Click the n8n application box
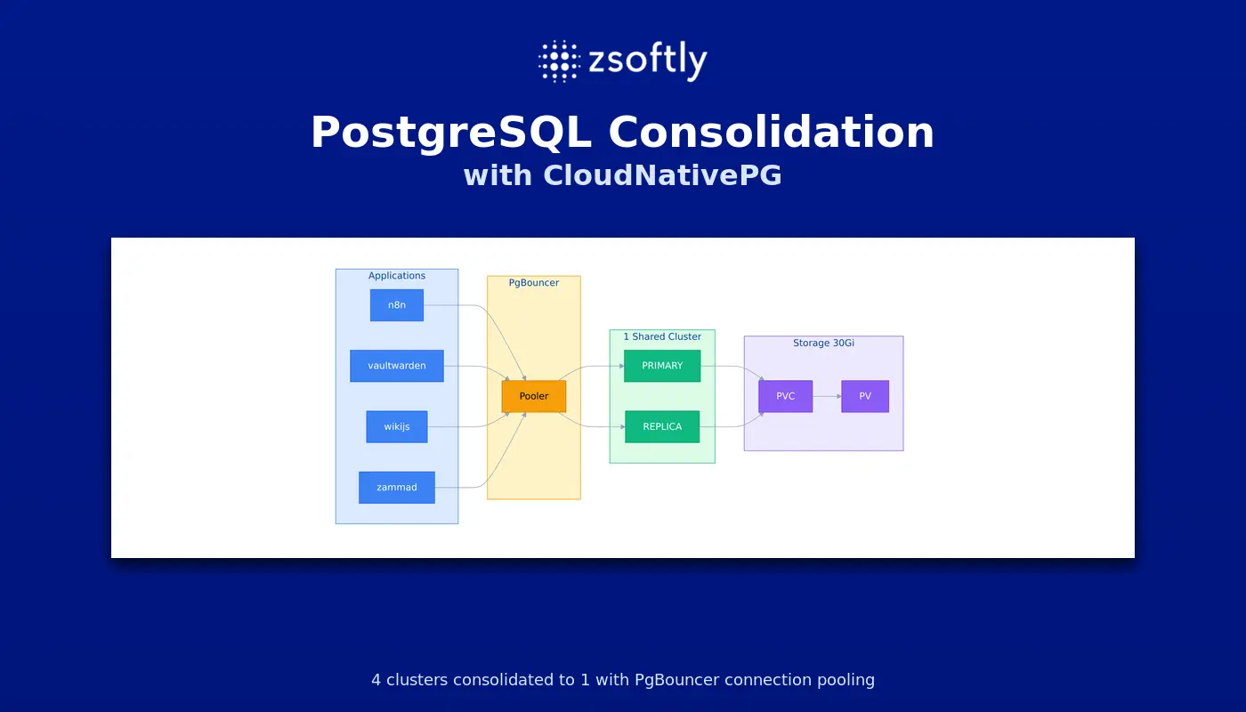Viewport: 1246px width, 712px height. click(397, 304)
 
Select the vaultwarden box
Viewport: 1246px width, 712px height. click(397, 366)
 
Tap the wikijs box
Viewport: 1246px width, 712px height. click(397, 426)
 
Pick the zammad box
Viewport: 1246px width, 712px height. click(397, 488)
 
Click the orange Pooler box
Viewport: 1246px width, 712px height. click(534, 396)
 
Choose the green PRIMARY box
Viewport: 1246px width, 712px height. click(662, 366)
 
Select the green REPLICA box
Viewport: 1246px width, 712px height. click(662, 426)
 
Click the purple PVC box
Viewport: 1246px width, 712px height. click(785, 396)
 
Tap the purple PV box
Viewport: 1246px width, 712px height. click(865, 396)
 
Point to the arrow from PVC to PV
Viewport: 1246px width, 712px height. click(827, 396)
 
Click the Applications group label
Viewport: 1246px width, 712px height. click(397, 276)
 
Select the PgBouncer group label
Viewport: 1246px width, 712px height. click(534, 283)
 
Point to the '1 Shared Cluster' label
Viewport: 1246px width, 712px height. click(662, 336)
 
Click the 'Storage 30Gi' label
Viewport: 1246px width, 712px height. click(824, 343)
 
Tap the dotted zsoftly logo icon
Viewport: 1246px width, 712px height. click(560, 61)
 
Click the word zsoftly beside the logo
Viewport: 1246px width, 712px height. click(648, 61)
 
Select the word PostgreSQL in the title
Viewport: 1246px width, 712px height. click(451, 133)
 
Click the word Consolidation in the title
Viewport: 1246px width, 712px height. click(772, 133)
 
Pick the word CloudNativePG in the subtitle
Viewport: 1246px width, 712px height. click(662, 175)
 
